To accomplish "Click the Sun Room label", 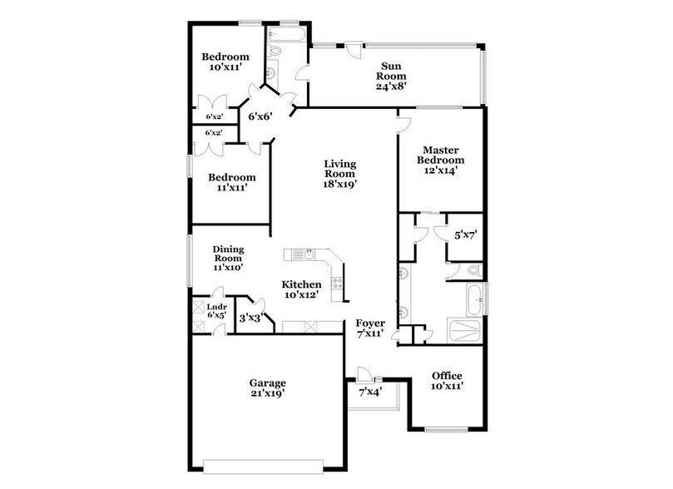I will [393, 75].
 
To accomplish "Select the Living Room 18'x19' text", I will [339, 175].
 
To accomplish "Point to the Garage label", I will [267, 388].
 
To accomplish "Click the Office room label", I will [447, 381].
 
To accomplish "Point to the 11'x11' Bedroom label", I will [231, 182].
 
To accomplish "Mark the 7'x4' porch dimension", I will [370, 391].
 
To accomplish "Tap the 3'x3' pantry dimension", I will [250, 318].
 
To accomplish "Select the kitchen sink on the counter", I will [297, 254].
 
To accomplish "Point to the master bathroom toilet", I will [472, 269].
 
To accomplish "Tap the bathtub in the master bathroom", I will [471, 299].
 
